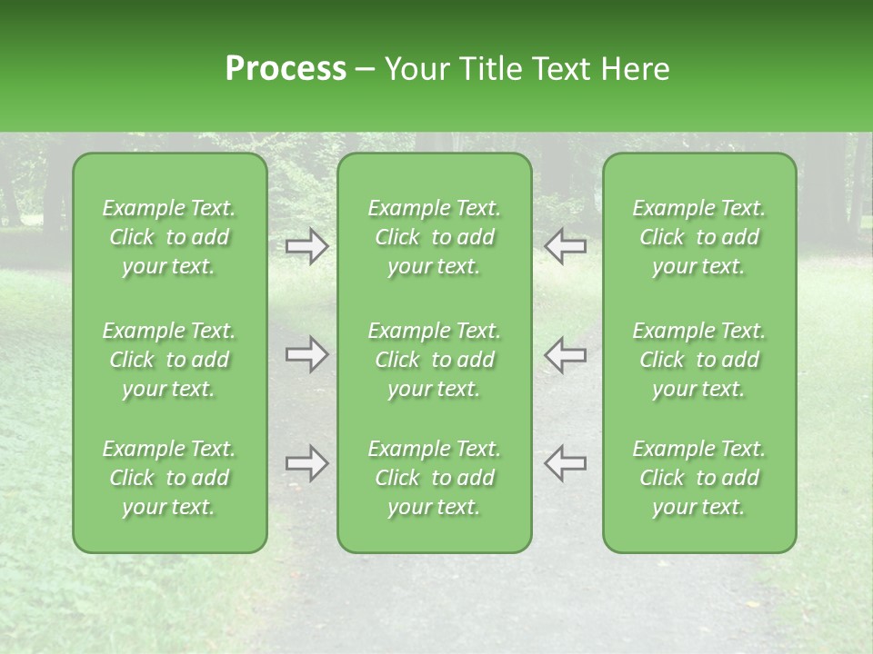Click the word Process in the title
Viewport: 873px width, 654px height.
286,69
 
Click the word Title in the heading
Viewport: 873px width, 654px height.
483,69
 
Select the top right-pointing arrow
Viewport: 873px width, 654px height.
307,246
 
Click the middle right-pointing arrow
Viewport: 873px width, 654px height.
307,354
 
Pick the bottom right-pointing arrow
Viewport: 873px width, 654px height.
307,463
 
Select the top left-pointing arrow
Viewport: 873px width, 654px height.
565,246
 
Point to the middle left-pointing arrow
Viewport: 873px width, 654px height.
565,354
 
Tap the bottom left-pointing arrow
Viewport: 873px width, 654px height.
565,463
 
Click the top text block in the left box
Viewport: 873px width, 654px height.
169,237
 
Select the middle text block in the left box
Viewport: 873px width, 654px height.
169,360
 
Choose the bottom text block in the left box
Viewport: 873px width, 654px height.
169,478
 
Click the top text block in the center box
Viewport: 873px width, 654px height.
435,237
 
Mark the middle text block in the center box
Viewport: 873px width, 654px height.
435,360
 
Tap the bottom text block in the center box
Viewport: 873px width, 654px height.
435,478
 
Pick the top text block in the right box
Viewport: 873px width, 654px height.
699,237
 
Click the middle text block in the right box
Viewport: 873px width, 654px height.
699,360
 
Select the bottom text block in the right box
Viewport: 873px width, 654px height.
699,478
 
